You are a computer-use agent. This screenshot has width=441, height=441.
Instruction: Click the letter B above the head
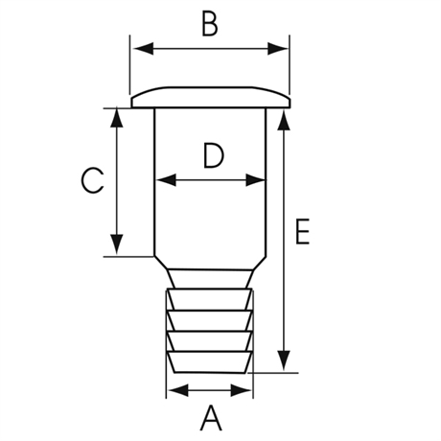coord(210,24)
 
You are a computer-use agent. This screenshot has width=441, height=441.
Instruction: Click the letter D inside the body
coord(214,156)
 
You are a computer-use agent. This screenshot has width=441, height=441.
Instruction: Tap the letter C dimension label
coord(92,180)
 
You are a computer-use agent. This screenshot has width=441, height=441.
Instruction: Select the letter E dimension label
coord(302,232)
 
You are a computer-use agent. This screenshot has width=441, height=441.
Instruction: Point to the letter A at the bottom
coord(211,418)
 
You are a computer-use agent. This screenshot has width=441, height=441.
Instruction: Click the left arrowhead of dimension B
coord(144,49)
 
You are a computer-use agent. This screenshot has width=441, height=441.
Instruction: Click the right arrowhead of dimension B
coord(278,49)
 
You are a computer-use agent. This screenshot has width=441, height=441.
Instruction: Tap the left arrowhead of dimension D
coord(167,180)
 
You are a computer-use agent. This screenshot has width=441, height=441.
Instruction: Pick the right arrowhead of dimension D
coord(255,180)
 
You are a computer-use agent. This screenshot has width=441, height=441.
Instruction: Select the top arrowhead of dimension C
coord(117,118)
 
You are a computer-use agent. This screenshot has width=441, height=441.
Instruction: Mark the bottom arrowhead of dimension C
coord(117,244)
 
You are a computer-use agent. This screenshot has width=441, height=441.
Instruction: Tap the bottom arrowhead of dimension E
coord(284,360)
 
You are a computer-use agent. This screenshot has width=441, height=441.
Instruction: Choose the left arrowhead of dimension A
coord(178,390)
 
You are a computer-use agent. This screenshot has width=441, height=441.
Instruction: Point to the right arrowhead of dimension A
coord(241,390)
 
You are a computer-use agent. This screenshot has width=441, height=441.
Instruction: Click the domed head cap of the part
coord(211,97)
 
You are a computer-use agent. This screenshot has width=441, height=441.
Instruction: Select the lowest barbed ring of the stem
coord(209,362)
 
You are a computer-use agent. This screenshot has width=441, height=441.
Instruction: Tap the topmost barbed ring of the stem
coord(209,299)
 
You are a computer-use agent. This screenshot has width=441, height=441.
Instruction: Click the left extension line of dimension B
coord(130,65)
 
